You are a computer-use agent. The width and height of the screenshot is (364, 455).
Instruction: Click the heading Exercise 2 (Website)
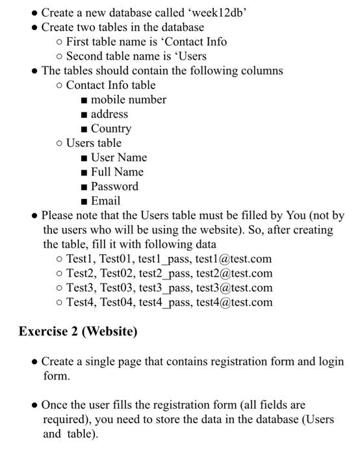(x=78, y=331)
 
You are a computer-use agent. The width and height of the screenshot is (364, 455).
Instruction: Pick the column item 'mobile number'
(x=128, y=99)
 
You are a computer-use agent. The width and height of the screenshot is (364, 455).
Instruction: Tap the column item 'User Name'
(x=119, y=157)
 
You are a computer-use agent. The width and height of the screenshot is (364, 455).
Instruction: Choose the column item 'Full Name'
(x=117, y=172)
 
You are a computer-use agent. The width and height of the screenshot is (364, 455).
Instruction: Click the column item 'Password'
(x=114, y=187)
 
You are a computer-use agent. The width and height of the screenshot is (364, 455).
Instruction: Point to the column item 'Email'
(x=105, y=201)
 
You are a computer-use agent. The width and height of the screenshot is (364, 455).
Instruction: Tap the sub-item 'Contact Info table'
(x=110, y=85)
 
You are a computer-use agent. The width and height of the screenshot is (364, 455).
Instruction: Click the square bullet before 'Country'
(x=84, y=129)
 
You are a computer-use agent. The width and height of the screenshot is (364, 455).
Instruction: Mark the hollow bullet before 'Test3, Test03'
(x=60, y=288)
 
